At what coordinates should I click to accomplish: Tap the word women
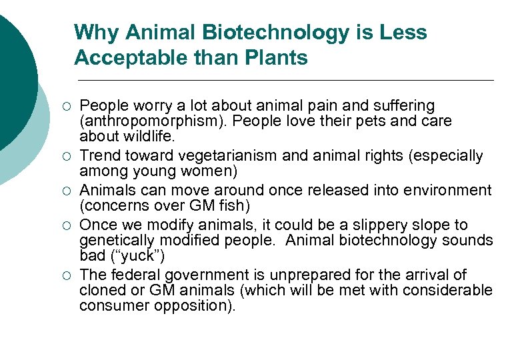(x=209, y=171)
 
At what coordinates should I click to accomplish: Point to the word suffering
(x=405, y=106)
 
